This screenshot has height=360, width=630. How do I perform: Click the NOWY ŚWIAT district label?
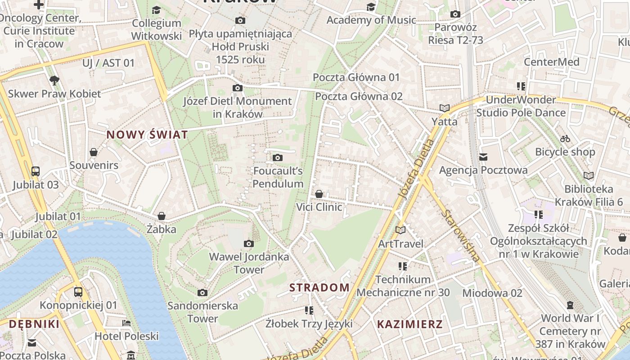click(x=147, y=135)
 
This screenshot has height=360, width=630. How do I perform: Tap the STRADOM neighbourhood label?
click(x=319, y=288)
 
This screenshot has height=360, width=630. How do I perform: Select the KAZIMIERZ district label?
click(x=409, y=324)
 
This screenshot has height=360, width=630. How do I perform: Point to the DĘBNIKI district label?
click(x=34, y=324)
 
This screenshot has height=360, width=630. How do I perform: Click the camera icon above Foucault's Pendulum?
click(x=278, y=157)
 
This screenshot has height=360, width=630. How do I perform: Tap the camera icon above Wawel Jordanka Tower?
click(x=248, y=244)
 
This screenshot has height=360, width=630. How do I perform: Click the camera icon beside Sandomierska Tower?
click(x=202, y=293)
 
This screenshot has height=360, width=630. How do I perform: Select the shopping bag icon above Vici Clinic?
click(x=319, y=194)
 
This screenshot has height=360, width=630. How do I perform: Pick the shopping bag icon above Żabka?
click(x=161, y=216)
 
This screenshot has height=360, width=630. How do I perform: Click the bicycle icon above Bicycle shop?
click(x=565, y=139)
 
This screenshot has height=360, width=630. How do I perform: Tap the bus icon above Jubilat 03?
click(x=36, y=171)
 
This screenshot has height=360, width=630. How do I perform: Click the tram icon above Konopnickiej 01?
click(x=78, y=292)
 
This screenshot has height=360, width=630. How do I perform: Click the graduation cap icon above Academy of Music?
click(x=371, y=7)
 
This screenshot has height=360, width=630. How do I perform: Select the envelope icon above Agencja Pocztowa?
click(x=483, y=157)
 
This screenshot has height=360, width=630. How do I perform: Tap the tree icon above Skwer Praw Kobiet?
click(x=54, y=81)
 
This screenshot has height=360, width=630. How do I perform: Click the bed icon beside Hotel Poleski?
click(x=126, y=323)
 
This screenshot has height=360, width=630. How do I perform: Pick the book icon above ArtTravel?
click(x=400, y=230)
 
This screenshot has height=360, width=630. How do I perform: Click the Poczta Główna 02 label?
click(x=359, y=96)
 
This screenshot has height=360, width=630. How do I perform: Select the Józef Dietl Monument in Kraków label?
click(x=237, y=108)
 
